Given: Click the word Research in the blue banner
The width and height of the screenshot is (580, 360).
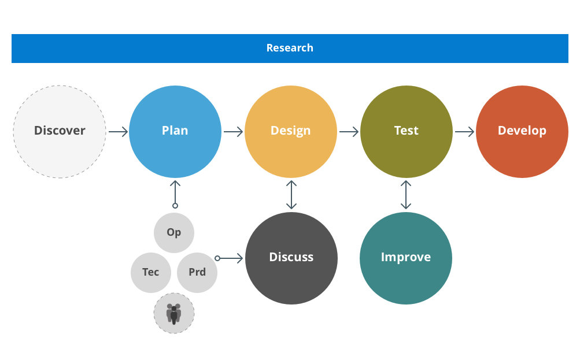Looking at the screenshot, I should click(x=290, y=48).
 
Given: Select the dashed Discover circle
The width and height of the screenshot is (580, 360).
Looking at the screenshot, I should click(x=60, y=131).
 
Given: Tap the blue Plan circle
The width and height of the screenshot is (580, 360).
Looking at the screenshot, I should click(x=175, y=131).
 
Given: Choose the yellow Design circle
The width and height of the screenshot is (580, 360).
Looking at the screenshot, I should click(x=290, y=131).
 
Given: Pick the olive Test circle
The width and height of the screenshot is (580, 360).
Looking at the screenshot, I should click(x=406, y=131).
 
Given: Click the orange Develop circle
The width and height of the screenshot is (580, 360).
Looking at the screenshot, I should click(x=522, y=131).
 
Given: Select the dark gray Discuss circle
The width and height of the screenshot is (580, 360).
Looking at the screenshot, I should click(x=291, y=258).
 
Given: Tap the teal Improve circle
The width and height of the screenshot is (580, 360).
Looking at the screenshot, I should click(x=405, y=258).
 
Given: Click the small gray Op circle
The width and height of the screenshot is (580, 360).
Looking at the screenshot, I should click(x=173, y=232).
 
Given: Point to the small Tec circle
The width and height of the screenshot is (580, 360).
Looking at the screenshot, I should click(x=150, y=272).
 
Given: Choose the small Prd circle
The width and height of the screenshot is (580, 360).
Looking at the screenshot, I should click(x=197, y=272).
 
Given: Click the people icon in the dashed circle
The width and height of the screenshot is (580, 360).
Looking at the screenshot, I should click(x=173, y=313).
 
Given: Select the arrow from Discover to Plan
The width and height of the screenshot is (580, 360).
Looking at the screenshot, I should click(x=118, y=132).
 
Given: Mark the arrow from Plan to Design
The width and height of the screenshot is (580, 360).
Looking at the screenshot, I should click(x=233, y=132).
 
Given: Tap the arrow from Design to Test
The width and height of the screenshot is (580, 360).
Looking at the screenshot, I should click(x=349, y=132).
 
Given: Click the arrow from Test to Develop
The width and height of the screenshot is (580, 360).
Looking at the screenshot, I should click(x=464, y=132).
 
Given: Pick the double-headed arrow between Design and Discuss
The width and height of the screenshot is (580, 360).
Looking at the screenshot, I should click(x=291, y=195).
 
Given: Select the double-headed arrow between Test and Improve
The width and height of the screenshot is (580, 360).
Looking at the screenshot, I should click(x=406, y=195).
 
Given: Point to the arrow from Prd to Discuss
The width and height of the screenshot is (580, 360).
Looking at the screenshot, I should click(x=230, y=258).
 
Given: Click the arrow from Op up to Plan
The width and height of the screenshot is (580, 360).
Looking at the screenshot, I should click(x=175, y=193).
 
